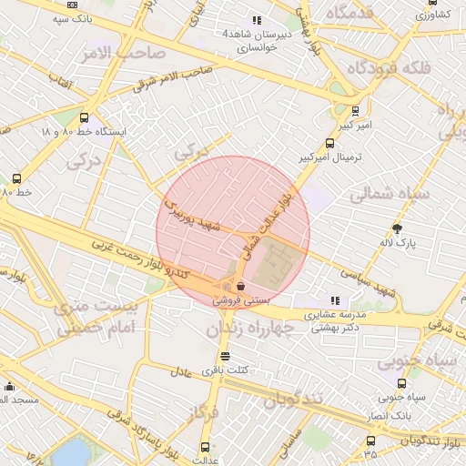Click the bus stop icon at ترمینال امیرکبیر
(329, 143)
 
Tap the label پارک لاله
(397, 243)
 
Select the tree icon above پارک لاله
(397, 228)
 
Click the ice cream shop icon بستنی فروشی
(239, 286)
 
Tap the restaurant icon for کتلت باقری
(225, 356)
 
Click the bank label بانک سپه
(51, 17)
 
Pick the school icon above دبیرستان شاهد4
(258, 19)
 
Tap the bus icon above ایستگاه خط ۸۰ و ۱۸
(85, 117)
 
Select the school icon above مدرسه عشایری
(336, 300)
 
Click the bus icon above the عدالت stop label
(204, 447)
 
